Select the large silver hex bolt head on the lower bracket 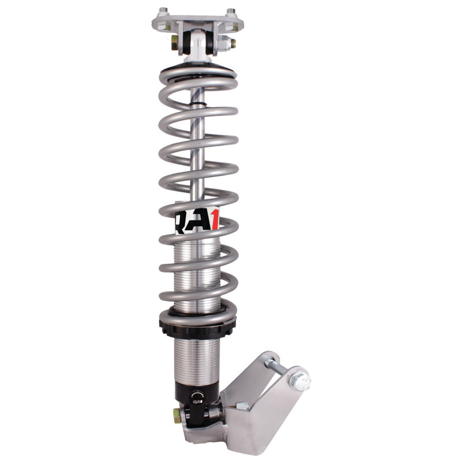[300, 381]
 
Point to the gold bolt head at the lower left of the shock [175, 414]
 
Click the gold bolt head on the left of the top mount [175, 42]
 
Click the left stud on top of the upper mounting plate [163, 11]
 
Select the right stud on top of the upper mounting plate [231, 11]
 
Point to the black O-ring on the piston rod [199, 105]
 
